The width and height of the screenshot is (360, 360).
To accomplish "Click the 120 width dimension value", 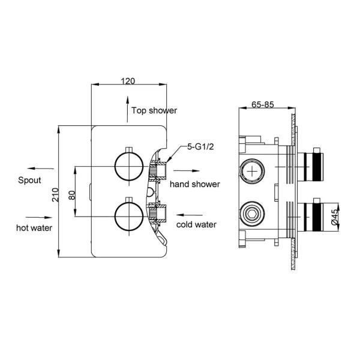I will pyautogui.click(x=127, y=79).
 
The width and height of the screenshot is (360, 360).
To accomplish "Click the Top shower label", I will pyautogui.click(x=154, y=110).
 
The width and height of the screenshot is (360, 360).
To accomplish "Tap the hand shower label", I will pyautogui.click(x=194, y=184).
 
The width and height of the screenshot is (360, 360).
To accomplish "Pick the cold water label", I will pyautogui.click(x=196, y=225).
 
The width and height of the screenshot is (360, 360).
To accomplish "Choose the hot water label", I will pyautogui.click(x=35, y=227).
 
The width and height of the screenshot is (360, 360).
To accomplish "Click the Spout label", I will pyautogui.click(x=29, y=180).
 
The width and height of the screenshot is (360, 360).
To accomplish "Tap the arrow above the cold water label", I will pyautogui.click(x=191, y=214).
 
